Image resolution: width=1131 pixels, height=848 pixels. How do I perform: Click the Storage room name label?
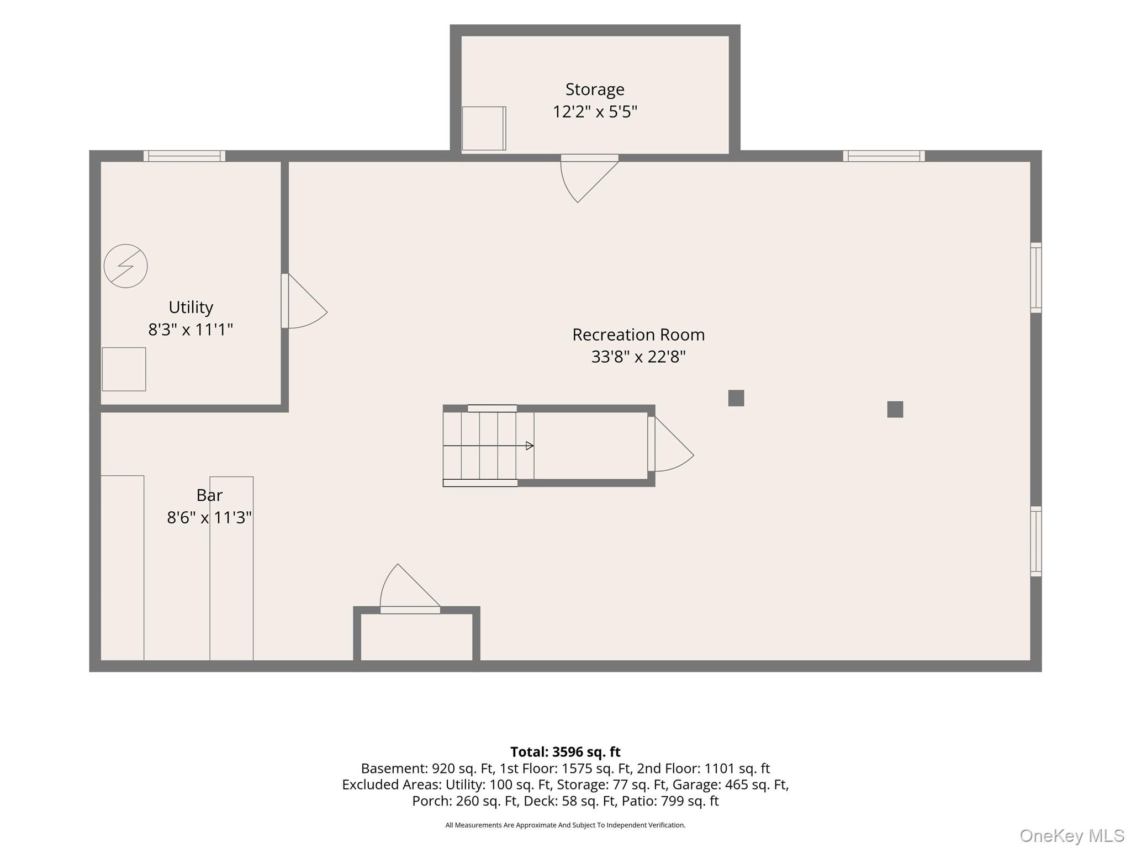595,89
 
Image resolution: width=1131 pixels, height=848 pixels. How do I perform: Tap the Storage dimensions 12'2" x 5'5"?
595,112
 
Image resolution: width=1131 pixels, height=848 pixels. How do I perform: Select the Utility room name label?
191,307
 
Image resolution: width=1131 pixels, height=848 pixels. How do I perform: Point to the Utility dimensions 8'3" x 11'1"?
191,330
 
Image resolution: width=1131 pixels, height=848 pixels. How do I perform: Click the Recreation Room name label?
638,335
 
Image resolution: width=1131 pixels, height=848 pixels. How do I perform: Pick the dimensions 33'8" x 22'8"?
638,357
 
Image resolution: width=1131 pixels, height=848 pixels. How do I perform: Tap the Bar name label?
209,495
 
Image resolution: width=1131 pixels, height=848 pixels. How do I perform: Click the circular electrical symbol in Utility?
126,266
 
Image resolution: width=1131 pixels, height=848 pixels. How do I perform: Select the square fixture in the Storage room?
484,128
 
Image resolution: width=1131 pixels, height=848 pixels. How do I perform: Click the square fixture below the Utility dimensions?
124,369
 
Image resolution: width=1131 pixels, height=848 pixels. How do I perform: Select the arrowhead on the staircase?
530,446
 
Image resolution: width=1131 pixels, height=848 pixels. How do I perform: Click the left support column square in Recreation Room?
736,398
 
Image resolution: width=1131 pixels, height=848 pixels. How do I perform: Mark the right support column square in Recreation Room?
895,409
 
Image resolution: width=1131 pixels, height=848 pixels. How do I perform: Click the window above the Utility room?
184,156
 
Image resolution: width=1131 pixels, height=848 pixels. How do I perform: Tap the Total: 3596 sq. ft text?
565,752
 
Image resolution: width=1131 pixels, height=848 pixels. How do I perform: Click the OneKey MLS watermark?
1072,835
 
